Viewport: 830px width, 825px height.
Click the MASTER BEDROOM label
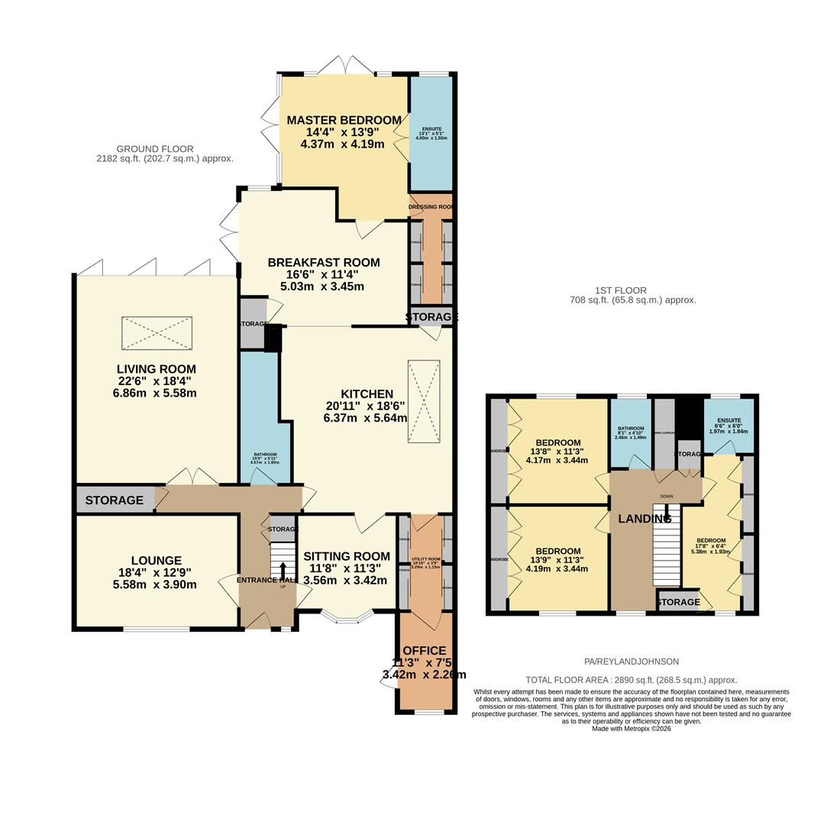(x=344, y=121)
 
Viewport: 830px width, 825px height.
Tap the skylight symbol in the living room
(x=157, y=334)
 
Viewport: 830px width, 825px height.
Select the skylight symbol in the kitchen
(x=424, y=401)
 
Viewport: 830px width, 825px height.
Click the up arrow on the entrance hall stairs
(x=283, y=571)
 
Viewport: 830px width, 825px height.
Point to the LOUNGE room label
(x=156, y=561)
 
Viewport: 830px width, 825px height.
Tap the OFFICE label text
(x=424, y=651)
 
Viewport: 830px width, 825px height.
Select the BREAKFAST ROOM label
(x=323, y=263)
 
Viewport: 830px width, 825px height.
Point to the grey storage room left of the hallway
(x=115, y=500)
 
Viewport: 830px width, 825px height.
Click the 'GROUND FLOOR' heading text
(x=155, y=149)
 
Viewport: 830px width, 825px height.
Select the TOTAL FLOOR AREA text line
(x=631, y=680)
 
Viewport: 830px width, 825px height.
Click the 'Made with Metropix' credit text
(x=631, y=729)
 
